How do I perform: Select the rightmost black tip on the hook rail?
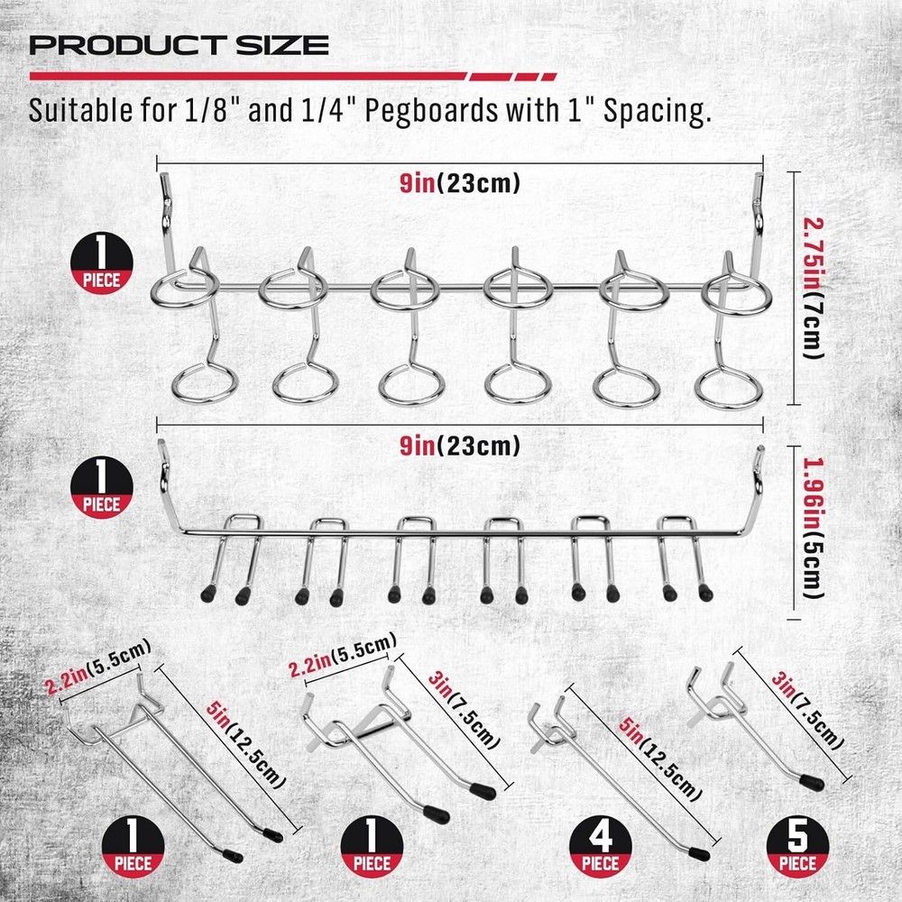[704, 594]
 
